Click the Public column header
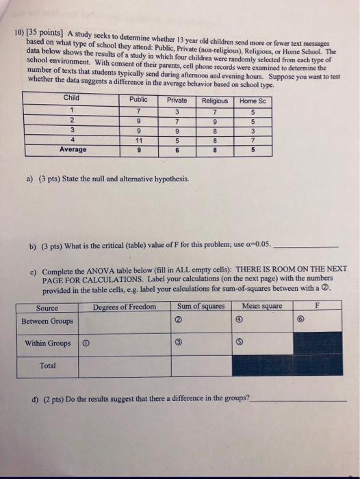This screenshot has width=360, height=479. pos(138,99)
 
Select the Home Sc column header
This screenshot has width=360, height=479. pos(253,101)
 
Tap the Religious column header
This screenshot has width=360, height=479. pos(214,101)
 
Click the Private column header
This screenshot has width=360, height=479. pos(177,100)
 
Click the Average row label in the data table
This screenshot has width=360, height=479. pos(73,149)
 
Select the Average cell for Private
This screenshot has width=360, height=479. pos(177,149)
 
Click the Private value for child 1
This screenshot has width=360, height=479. pos(177,111)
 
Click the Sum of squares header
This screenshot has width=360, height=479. pos(201,306)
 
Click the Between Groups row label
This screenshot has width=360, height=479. pos(47,320)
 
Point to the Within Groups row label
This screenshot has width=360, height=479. pos(47,343)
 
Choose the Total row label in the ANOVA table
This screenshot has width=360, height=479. pos(47,365)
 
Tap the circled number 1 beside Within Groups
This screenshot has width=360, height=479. pos(84,343)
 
